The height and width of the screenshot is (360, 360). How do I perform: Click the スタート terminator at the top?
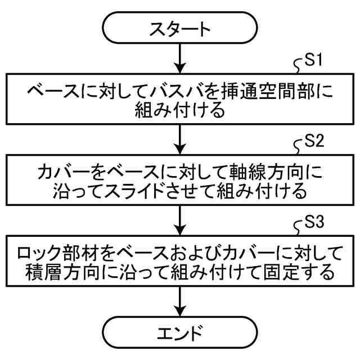coord(180,28)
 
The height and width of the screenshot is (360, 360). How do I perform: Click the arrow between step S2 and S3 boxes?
coord(180,220)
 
